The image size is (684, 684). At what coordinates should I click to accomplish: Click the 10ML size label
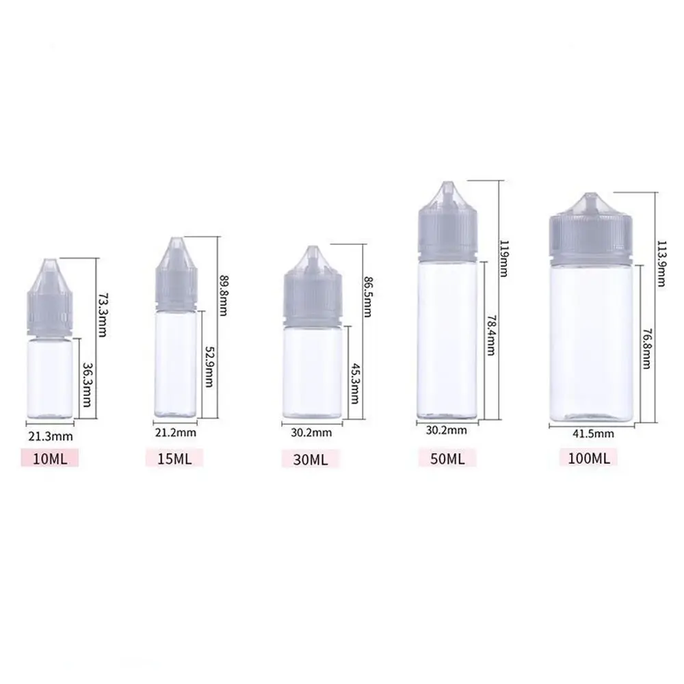(49, 458)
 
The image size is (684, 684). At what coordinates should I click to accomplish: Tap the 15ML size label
(174, 458)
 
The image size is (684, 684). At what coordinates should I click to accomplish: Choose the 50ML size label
(447, 458)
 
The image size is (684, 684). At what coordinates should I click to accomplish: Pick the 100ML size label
(588, 458)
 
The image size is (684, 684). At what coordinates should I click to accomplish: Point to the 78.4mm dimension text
(490, 336)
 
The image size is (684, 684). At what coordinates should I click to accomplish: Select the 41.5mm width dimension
(592, 433)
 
